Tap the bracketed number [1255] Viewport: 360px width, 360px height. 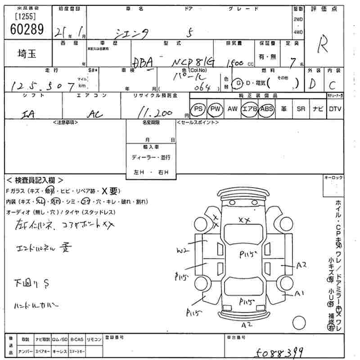click(27, 17)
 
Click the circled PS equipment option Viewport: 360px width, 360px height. click(198, 109)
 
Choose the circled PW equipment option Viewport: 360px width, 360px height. click(216, 109)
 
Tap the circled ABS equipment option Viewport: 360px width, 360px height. click(267, 109)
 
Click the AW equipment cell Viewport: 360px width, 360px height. click(233, 109)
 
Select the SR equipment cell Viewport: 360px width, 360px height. click(301, 109)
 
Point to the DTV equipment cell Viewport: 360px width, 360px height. click(335, 109)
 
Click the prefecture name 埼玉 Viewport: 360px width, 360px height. click(27, 54)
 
